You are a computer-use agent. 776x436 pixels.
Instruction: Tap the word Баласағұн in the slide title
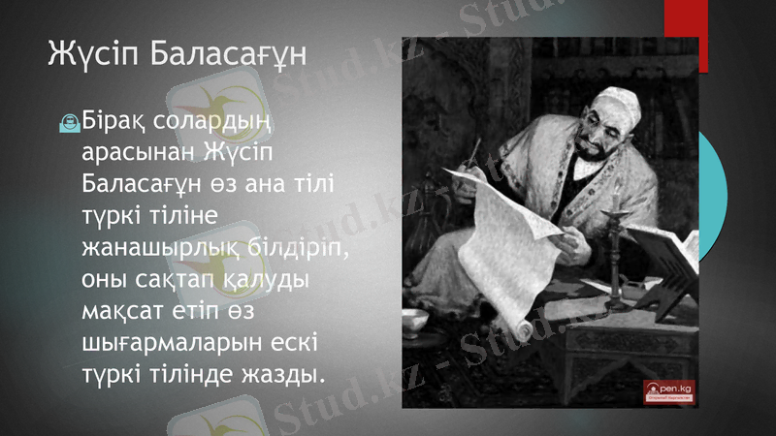click(x=229, y=55)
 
